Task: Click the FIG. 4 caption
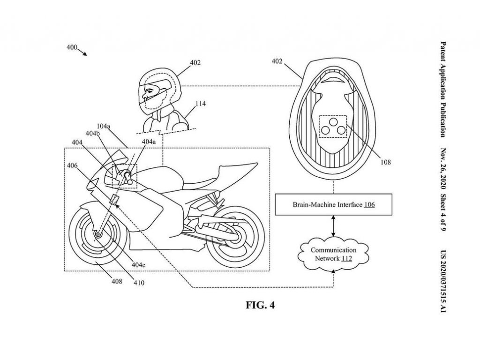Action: click(x=260, y=305)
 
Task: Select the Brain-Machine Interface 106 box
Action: click(x=333, y=205)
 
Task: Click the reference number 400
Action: click(x=72, y=47)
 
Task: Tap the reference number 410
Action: click(x=139, y=283)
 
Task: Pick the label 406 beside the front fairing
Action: click(x=73, y=165)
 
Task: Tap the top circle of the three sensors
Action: click(x=333, y=122)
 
